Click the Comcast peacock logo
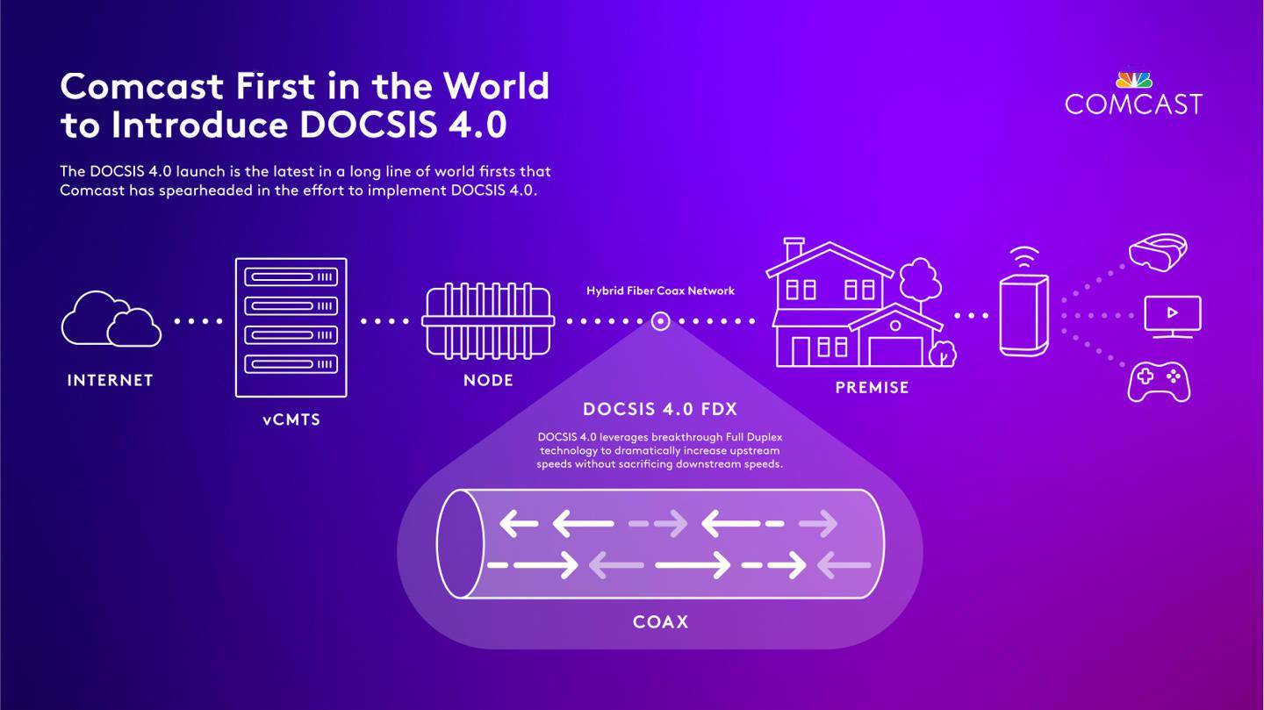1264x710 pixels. click(x=1133, y=80)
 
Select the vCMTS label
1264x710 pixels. click(x=291, y=420)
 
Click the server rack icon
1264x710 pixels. click(x=291, y=326)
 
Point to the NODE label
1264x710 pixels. click(x=488, y=380)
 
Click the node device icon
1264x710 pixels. click(x=487, y=320)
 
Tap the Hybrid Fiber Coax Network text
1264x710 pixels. click(x=660, y=290)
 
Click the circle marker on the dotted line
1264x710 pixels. click(x=661, y=322)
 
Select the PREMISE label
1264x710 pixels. click(x=872, y=387)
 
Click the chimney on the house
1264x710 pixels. click(x=794, y=249)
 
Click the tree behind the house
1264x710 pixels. click(x=919, y=279)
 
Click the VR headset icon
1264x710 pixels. click(x=1158, y=251)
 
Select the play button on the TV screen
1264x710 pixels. click(x=1173, y=312)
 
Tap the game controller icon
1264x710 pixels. click(x=1159, y=383)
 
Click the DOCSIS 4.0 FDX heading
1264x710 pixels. click(x=660, y=410)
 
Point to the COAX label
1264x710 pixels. click(x=660, y=622)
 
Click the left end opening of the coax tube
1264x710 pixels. click(x=461, y=544)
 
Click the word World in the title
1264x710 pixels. click(x=496, y=86)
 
